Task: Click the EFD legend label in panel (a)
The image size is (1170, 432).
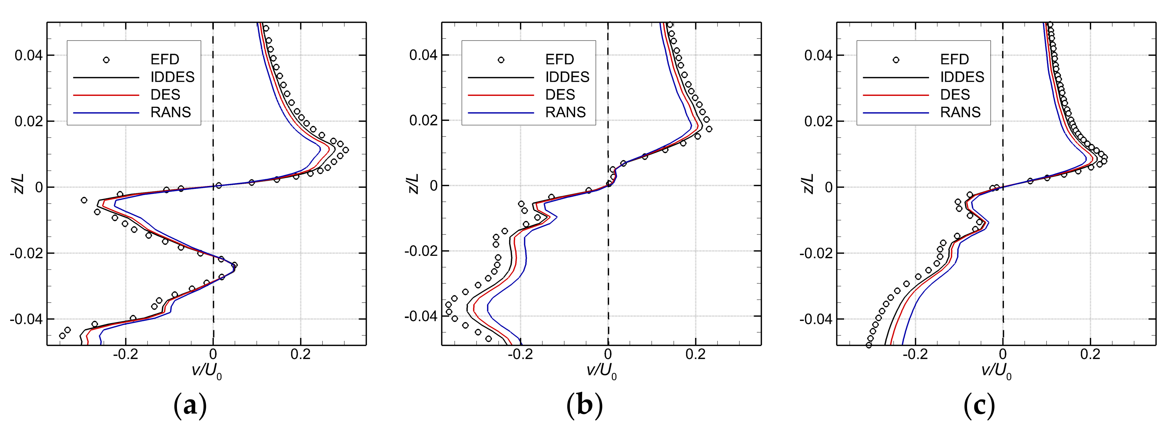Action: (x=165, y=59)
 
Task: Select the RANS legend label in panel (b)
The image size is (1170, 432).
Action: (x=565, y=112)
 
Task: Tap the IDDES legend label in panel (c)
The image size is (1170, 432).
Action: (x=962, y=77)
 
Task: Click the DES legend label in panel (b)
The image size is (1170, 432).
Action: (x=560, y=94)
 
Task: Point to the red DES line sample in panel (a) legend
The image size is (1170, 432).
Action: (x=106, y=95)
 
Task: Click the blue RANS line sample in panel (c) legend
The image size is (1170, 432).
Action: (x=896, y=113)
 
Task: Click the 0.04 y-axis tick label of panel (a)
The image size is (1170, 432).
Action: (x=29, y=55)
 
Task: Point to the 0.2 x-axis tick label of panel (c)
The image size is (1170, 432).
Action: (x=1090, y=355)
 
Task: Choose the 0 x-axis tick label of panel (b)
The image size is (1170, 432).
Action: (x=608, y=355)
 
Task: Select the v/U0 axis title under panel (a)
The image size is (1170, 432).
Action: (x=207, y=372)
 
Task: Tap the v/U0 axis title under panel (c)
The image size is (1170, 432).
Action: (x=996, y=372)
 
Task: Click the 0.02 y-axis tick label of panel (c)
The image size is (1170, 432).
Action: (x=818, y=121)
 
